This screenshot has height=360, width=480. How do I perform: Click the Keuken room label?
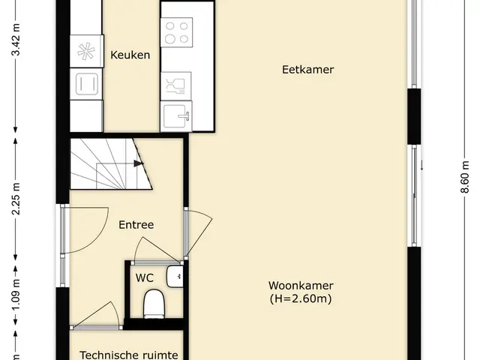130,55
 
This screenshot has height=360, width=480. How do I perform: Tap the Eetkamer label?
307,70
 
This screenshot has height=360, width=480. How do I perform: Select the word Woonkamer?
301,285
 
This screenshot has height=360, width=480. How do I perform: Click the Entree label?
136,225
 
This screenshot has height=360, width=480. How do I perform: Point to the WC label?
145,278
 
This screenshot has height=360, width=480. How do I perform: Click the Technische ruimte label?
129,355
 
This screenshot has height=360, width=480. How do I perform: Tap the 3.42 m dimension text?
16,40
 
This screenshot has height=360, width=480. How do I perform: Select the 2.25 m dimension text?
16,199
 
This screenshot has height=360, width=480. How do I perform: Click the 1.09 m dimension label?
16,294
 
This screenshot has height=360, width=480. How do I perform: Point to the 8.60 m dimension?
465,177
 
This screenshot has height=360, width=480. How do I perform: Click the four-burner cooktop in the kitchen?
177,32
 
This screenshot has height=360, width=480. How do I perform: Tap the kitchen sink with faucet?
176,117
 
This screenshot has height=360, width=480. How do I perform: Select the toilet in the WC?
154,303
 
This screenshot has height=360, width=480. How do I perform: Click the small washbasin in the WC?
175,277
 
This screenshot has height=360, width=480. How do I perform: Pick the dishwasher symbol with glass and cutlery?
175,86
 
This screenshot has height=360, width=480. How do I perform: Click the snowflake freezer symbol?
86,52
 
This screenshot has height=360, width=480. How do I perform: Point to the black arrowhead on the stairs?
139,163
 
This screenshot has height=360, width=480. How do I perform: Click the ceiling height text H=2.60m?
301,298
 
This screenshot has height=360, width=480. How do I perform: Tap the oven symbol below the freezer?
86,84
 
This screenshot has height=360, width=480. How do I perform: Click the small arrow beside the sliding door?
421,165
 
